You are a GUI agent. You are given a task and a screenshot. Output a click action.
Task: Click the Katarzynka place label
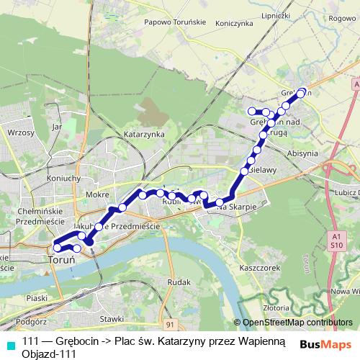click(x=144, y=135)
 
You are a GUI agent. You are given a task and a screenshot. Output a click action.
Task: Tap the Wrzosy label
click(x=20, y=133)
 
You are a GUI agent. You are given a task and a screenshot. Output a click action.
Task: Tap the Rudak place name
click(x=177, y=282)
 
